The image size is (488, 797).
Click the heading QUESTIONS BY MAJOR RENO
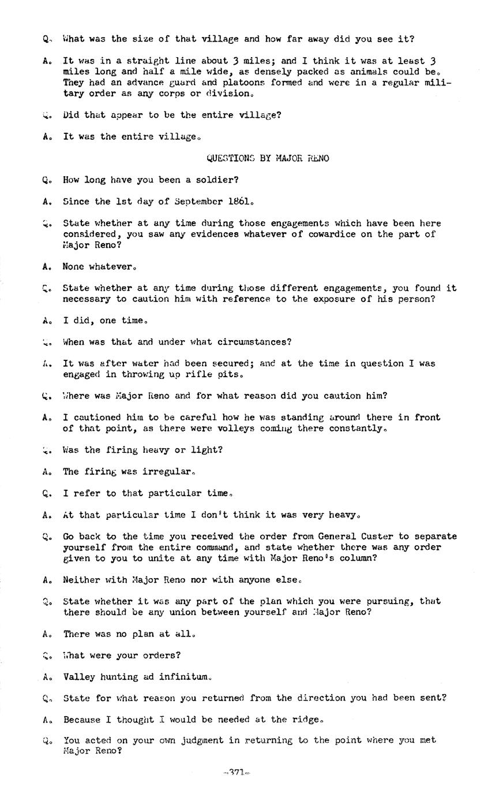(x=268, y=158)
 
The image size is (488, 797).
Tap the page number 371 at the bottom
(x=237, y=772)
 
